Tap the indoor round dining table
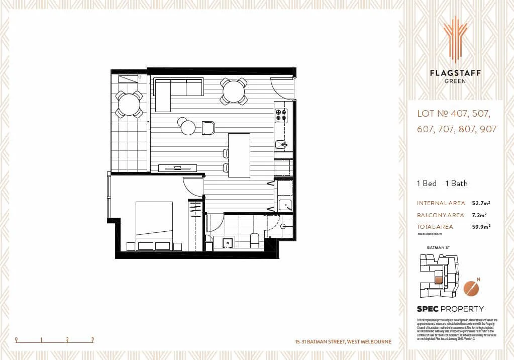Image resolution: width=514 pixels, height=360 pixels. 234,92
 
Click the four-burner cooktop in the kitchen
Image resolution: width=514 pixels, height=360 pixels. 281,115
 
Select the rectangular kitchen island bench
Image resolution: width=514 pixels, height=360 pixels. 239,155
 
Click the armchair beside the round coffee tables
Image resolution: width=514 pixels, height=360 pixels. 208,128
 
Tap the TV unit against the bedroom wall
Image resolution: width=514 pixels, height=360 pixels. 177,168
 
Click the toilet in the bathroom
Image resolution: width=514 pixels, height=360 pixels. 254,241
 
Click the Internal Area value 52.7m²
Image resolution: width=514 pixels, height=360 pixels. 481,204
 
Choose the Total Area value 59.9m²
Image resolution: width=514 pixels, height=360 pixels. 481,227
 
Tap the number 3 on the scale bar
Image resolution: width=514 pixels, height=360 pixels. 93,339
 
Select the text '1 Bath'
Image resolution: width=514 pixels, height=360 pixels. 456,184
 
